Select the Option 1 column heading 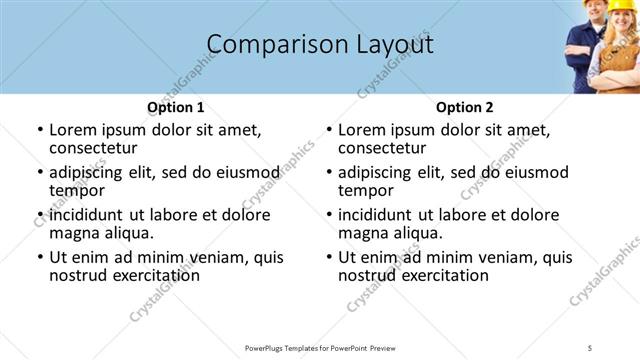click(175, 108)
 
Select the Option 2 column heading click(464, 108)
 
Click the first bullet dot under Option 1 click(40, 131)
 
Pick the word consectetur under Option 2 click(385, 148)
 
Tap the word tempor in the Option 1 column click(75, 190)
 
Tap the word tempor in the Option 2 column click(364, 190)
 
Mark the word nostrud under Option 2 click(368, 275)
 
